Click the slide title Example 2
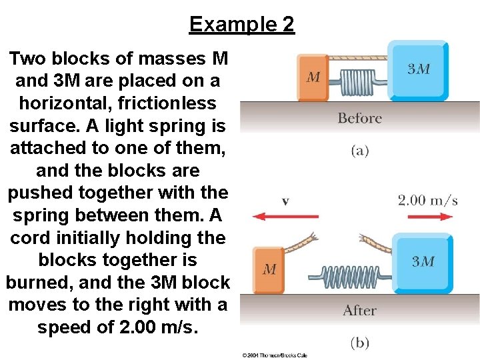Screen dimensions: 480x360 (241, 25)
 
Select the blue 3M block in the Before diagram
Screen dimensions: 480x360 (419, 70)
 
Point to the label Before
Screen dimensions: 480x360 (359, 119)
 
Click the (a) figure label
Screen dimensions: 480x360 (359, 151)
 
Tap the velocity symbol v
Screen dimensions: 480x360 (285, 201)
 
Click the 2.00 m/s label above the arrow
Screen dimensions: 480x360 (427, 200)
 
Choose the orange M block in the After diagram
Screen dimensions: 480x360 (269, 269)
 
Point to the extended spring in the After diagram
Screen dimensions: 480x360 (350, 275)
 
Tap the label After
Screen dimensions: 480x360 (359, 311)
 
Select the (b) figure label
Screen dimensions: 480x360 (359, 343)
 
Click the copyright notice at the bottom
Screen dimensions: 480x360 (273, 355)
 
